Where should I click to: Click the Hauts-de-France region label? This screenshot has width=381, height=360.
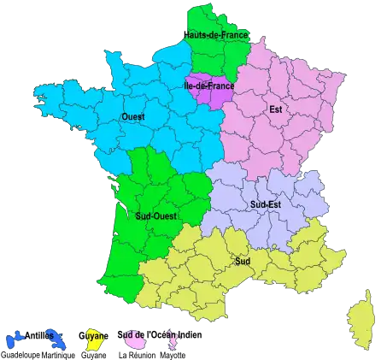coord(216,35)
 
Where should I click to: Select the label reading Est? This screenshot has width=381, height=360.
coord(275,109)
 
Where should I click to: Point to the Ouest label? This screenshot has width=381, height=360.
coord(133,116)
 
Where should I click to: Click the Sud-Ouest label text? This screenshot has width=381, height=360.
coord(156,216)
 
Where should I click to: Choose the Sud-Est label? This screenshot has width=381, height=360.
coord(266,205)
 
